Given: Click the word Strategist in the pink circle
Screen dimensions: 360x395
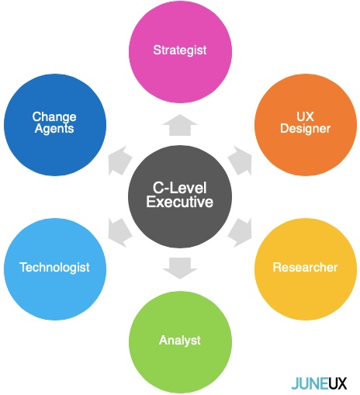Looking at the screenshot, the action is [180, 50].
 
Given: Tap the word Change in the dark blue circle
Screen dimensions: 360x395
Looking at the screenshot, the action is [54, 117].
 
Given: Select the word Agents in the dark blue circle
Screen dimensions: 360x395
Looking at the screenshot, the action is [54, 129].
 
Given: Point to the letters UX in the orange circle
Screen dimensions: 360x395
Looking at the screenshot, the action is [305, 116].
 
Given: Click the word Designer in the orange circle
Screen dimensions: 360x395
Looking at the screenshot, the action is [306, 129].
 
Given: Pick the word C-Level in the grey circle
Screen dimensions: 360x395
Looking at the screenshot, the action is [180, 188].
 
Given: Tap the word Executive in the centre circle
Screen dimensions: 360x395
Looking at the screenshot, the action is [180, 202].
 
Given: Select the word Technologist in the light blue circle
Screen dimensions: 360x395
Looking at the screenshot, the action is [54, 268].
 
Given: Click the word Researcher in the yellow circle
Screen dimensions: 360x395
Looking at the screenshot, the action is [305, 268].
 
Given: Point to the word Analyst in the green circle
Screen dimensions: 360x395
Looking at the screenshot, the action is [180, 341].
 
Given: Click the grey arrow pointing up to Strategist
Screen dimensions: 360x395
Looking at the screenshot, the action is [180, 125].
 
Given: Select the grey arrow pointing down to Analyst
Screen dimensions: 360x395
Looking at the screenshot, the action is [180, 269].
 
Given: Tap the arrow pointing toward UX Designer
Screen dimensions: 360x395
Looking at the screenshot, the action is [240, 161].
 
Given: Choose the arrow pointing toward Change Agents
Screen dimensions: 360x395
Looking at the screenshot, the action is [120, 161].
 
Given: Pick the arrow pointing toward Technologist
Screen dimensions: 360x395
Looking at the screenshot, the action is [120, 232].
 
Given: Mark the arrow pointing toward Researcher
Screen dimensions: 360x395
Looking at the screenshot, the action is [240, 232].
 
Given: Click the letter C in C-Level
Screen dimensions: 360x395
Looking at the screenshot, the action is [157, 188].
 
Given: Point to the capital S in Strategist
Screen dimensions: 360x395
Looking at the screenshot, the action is [157, 50].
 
